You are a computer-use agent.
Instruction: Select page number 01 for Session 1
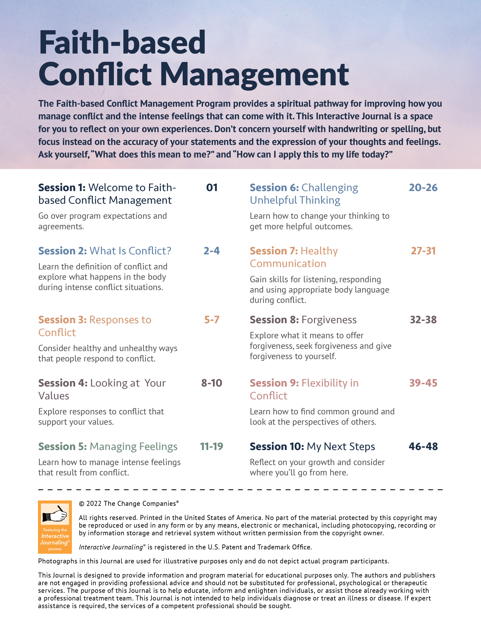[x=212, y=188]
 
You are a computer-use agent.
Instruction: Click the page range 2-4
[x=212, y=251]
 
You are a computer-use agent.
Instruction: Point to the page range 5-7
[x=212, y=320]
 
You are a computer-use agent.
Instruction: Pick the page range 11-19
[x=212, y=447]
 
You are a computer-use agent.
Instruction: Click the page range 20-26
[x=423, y=188]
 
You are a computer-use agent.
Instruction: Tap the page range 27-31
[x=423, y=251]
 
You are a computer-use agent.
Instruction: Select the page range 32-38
[x=423, y=320]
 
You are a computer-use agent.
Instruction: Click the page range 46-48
[x=423, y=447]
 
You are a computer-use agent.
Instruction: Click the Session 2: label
[x=62, y=251]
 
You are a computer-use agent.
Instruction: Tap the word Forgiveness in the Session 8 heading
[x=329, y=320]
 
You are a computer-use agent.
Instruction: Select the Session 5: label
[x=62, y=447]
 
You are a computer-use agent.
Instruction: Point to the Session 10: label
[x=277, y=447]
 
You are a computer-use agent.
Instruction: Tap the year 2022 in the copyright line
[x=94, y=504]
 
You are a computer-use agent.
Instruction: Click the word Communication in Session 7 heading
[x=288, y=264]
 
